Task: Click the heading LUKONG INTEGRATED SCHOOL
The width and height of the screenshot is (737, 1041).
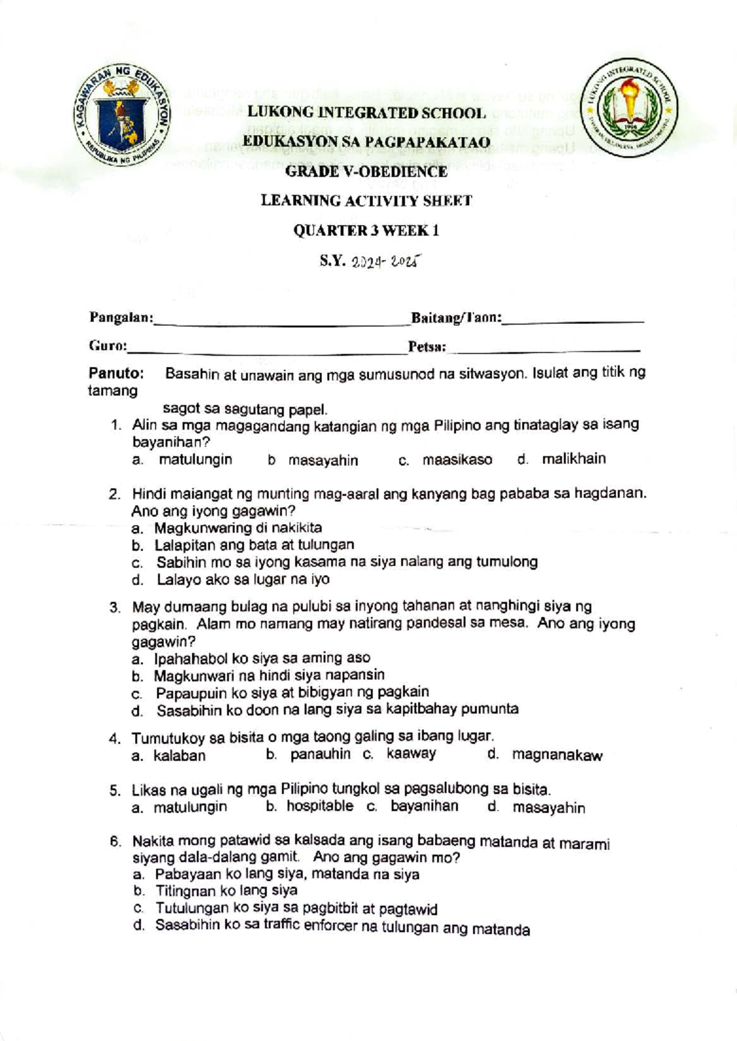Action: [366, 113]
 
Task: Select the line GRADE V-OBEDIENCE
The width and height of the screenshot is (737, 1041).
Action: [366, 171]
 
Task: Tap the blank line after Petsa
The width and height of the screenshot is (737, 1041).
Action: [544, 349]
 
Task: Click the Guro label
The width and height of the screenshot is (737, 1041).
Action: [107, 346]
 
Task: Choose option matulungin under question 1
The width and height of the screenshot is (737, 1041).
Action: [195, 460]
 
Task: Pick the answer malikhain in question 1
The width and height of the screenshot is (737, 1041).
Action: [574, 459]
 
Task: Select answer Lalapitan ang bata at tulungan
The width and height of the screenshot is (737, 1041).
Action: [254, 544]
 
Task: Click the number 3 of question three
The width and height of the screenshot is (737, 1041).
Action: [114, 608]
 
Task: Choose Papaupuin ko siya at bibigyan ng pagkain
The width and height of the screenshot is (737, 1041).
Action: [292, 693]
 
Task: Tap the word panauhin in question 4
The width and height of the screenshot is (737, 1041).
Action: [320, 754]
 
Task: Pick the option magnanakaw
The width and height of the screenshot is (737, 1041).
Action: [557, 756]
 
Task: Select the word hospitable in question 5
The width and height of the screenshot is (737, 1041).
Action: [319, 806]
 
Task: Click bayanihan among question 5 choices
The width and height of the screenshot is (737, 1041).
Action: [424, 806]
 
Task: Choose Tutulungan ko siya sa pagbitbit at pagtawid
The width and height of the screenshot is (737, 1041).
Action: [296, 908]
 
